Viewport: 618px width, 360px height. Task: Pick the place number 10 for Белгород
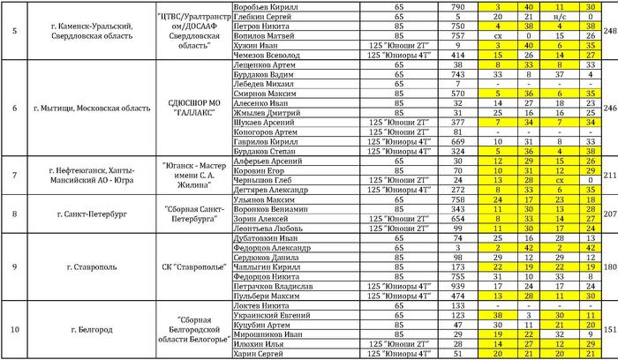15,329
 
